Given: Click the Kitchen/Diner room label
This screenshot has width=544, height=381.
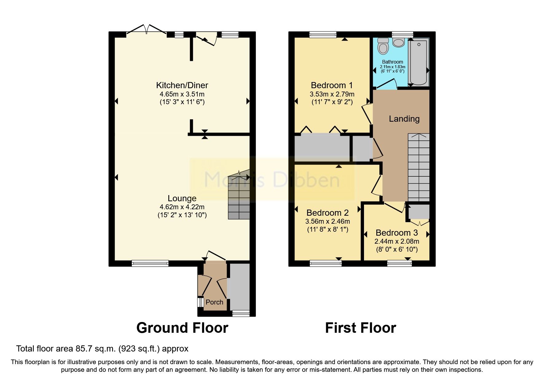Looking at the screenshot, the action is point(182,85).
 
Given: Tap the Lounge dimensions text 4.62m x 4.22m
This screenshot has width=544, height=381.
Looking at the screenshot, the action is point(182,207).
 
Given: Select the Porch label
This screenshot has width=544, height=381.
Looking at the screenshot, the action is point(214,302).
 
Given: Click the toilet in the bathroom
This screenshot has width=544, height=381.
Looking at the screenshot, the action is point(383,46).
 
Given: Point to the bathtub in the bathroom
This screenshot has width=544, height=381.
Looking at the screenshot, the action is point(418,61).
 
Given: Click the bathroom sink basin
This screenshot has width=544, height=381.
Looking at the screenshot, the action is point(398,43).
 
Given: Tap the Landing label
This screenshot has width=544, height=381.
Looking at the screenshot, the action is point(404,119).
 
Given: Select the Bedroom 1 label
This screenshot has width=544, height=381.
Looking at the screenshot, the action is point(332,85).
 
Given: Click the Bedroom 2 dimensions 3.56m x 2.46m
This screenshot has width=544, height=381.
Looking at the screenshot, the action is point(328,221).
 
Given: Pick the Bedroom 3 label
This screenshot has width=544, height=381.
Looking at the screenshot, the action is point(397,233).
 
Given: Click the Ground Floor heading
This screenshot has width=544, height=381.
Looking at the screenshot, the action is point(182,328).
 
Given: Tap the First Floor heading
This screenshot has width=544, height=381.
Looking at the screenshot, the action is point(361,328).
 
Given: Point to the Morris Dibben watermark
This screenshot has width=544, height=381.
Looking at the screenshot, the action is point(272,180).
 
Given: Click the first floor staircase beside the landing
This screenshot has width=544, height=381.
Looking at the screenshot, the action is point(419,167).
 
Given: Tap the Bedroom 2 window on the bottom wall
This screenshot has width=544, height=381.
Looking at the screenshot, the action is point(326,263).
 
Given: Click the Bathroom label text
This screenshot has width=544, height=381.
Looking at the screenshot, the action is point(393,62).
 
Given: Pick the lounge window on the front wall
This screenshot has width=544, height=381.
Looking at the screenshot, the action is point(150,263).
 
